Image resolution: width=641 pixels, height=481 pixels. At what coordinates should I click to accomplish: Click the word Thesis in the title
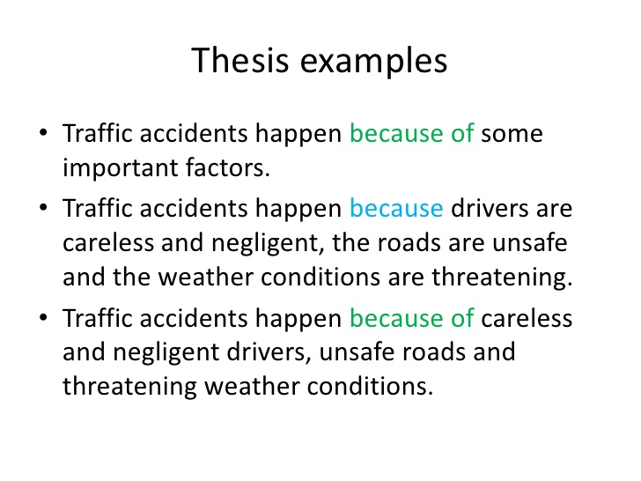tap(240, 60)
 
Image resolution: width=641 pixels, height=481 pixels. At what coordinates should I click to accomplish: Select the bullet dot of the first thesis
tap(43, 132)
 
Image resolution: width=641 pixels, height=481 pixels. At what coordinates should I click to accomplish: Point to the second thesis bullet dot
tap(43, 207)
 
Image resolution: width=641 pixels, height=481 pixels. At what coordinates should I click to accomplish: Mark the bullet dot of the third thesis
tap(43, 317)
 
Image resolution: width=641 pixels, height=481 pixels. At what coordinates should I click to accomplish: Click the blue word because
tap(396, 208)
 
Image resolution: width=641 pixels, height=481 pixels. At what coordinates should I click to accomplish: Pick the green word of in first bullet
tap(462, 132)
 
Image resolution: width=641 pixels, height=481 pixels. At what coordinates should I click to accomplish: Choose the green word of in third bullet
tap(462, 318)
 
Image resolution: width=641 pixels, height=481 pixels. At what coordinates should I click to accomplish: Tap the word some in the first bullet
tap(512, 135)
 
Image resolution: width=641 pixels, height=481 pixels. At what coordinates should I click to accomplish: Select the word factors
tap(227, 167)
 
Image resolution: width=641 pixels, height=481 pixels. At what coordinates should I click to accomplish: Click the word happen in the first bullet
tap(298, 135)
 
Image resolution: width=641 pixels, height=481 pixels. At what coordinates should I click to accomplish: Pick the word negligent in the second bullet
tap(268, 244)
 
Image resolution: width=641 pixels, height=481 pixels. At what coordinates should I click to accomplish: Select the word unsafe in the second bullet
tap(529, 242)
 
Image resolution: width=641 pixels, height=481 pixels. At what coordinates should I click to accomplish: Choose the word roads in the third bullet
tap(433, 352)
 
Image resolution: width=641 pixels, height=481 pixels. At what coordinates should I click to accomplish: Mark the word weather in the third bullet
tap(252, 387)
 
